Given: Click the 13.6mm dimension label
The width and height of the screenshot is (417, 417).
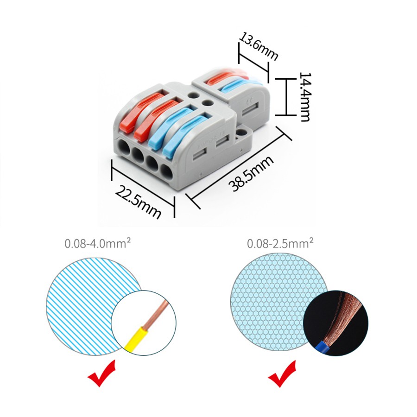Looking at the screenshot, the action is pos(259,47).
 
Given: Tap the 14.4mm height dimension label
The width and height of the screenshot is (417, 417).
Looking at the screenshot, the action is pos(305,97).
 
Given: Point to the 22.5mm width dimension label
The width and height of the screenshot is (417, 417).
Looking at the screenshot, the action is pos(138,202).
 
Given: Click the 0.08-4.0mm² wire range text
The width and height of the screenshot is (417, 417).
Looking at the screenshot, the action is pos(98,243).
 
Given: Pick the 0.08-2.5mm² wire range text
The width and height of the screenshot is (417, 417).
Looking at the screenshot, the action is pos(280,243).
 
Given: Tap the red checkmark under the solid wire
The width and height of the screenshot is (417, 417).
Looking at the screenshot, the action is pos(101,373).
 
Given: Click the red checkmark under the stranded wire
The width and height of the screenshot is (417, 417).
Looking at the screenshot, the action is pos(282,373).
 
